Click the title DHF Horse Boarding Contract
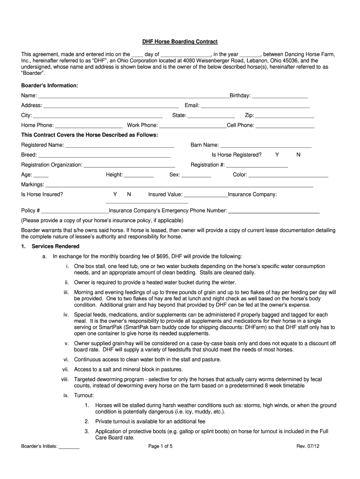click(x=180, y=42)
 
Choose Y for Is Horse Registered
click(x=277, y=155)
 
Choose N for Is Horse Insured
click(x=129, y=194)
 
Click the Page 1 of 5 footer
click(x=160, y=446)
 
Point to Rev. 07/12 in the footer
click(x=308, y=446)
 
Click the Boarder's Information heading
click(x=50, y=86)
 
